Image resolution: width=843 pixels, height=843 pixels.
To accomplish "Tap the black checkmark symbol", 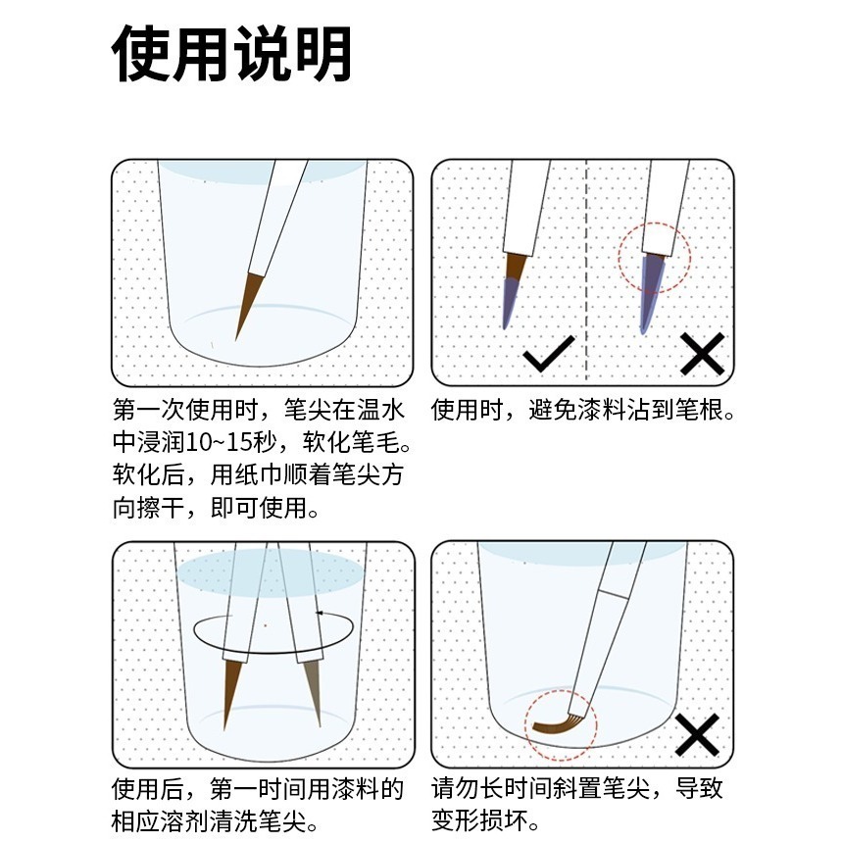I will [x=549, y=355].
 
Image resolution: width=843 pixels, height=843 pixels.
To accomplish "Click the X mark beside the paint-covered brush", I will [x=702, y=354].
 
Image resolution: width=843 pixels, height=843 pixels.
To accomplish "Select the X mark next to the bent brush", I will [x=697, y=734].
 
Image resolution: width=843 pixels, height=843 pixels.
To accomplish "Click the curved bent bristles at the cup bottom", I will [x=558, y=725].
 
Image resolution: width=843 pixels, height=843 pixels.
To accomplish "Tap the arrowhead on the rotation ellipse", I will [x=320, y=613].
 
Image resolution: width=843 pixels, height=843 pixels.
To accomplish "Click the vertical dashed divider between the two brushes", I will [x=585, y=270].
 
